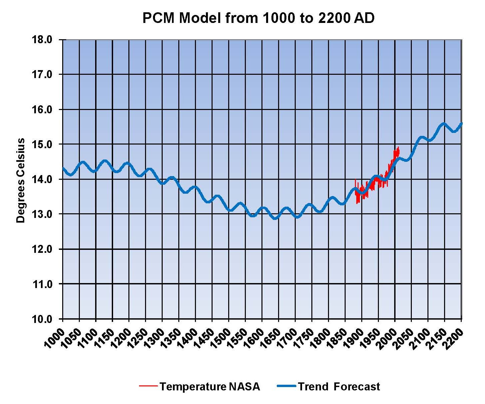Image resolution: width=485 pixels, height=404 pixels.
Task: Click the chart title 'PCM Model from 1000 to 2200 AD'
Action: (258, 18)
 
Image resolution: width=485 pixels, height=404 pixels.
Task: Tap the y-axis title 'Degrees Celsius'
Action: (21, 180)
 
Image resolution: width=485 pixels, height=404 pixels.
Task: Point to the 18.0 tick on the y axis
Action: (42, 40)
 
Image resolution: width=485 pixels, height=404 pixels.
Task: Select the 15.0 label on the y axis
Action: (42, 145)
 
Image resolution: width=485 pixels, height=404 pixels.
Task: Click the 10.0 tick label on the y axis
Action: (42, 319)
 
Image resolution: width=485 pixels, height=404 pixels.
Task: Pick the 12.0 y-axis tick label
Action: (42, 249)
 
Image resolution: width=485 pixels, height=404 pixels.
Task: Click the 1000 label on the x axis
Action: (54, 339)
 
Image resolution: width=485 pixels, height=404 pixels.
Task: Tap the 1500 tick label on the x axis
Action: (220, 339)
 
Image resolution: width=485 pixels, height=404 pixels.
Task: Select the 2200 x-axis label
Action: (453, 339)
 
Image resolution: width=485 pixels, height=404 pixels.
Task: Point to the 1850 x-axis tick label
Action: (337, 339)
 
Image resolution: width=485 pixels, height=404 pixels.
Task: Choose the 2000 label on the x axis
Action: (387, 339)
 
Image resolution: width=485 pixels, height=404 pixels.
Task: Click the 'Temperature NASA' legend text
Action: (210, 387)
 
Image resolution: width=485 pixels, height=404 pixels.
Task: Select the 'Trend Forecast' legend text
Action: (339, 387)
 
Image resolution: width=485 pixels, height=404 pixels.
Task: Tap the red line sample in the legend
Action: (148, 386)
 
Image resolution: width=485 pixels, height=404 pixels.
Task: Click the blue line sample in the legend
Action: (286, 386)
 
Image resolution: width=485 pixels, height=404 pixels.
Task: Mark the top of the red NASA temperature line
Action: (398, 148)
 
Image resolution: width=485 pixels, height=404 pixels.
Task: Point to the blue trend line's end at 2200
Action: (461, 124)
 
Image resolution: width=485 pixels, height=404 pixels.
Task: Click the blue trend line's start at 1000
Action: (63, 168)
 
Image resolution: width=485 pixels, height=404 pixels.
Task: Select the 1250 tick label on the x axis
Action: (137, 339)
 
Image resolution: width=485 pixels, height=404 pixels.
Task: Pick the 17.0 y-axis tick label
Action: (42, 75)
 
